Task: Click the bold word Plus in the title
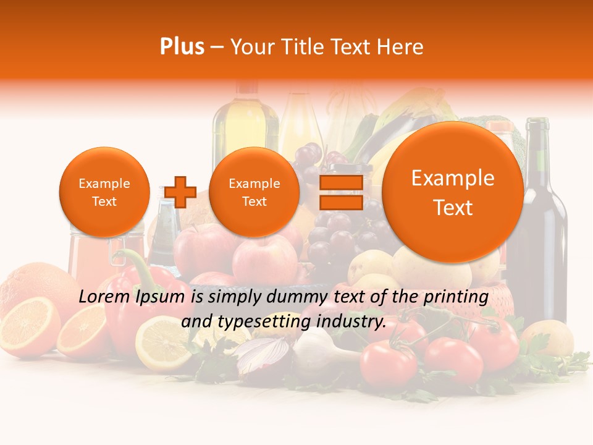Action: pos(182,47)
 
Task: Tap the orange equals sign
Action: pos(341,192)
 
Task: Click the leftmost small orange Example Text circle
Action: pos(104,192)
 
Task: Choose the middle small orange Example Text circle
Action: pos(254,192)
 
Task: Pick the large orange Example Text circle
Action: pos(453,192)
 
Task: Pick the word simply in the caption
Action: pos(233,297)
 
